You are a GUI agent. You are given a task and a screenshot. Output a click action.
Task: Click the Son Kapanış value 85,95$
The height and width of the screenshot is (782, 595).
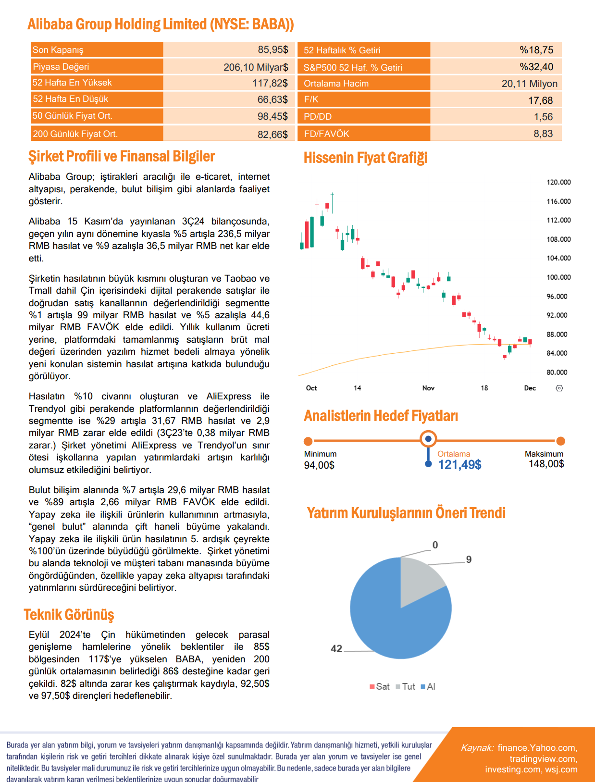pos(273,50)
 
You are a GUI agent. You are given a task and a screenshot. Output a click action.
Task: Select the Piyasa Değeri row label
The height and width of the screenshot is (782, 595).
pos(61,66)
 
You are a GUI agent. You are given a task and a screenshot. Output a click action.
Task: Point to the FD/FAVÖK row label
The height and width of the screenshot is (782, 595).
pos(326,134)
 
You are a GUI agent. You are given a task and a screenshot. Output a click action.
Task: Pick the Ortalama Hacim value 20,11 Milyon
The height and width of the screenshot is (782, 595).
pos(529,84)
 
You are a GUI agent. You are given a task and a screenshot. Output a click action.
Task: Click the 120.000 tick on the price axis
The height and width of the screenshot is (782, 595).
pos(558,182)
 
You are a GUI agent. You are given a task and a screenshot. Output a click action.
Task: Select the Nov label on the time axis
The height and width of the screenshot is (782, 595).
pos(428,388)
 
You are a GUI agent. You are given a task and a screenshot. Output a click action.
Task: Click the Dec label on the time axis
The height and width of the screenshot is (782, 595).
pos(530,388)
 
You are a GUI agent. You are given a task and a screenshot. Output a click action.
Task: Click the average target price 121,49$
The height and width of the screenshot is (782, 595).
pos(459,465)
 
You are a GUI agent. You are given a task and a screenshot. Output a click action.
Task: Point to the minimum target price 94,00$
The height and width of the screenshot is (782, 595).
pos(319,465)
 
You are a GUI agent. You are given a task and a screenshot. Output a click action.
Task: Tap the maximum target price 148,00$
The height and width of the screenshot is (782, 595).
pos(546,464)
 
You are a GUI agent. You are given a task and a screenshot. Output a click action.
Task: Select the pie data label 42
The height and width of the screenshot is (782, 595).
pos(336,648)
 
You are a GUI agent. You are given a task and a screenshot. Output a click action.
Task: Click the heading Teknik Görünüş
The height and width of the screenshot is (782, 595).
pos(69,615)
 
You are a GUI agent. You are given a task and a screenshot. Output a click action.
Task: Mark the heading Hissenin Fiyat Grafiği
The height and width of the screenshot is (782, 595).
pos(365,158)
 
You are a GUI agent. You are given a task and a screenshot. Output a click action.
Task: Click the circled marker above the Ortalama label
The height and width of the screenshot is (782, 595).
pos(428,439)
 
